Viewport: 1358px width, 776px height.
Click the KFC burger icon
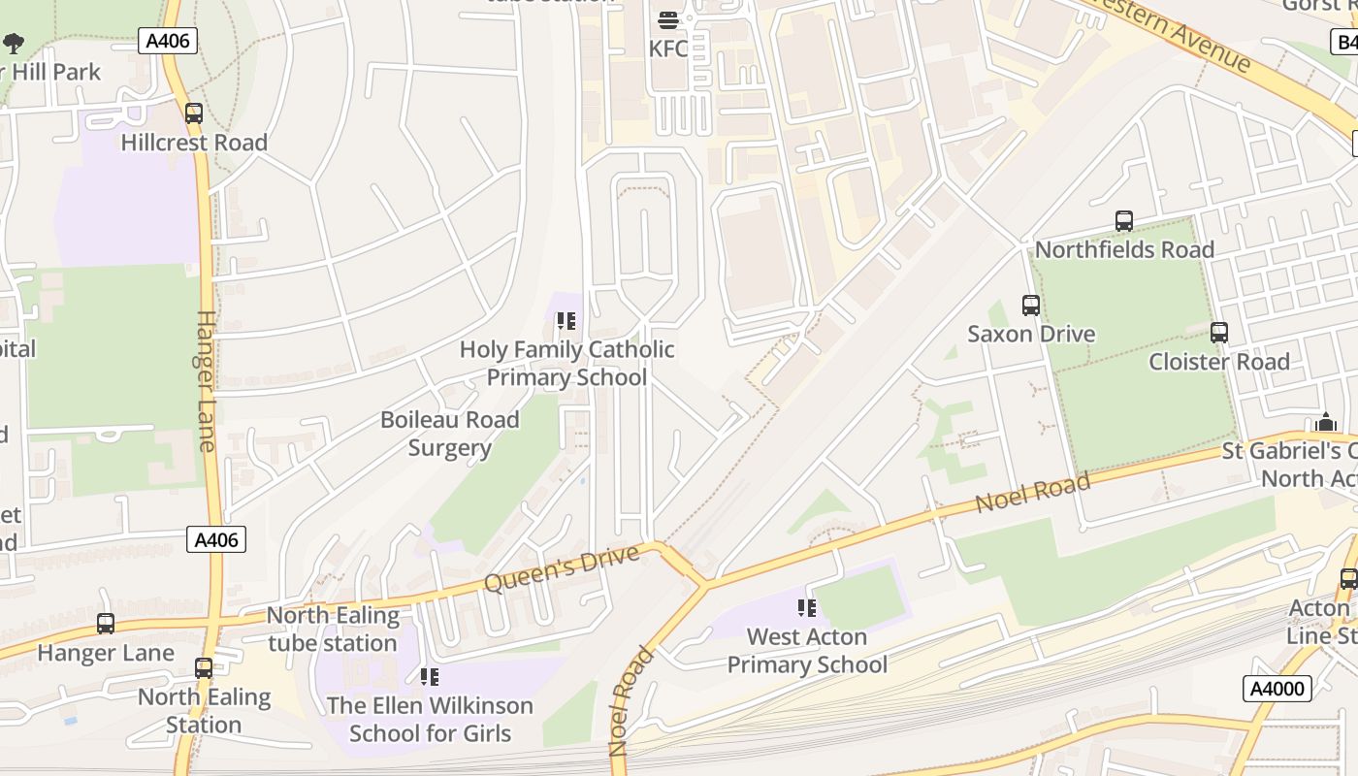point(667,20)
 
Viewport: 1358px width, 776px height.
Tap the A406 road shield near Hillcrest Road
point(168,41)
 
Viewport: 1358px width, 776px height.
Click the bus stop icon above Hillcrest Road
point(194,113)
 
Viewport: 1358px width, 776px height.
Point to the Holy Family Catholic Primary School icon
point(566,321)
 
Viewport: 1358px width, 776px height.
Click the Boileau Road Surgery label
point(449,434)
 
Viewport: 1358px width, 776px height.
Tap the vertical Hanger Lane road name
point(206,380)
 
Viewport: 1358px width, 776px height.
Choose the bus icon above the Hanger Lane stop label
point(106,624)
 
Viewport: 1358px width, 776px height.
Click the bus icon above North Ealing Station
point(203,668)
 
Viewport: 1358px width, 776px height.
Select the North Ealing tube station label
point(333,630)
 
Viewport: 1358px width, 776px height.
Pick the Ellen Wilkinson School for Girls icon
point(429,677)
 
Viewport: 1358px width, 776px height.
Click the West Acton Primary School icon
point(806,608)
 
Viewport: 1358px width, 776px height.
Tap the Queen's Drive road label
point(562,568)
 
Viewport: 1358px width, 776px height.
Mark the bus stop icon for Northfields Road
point(1124,221)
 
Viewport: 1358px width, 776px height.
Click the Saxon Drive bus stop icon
point(1031,306)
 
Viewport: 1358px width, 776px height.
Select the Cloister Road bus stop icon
point(1219,333)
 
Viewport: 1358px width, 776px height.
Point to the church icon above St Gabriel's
point(1326,423)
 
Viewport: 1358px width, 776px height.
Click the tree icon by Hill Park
point(14,44)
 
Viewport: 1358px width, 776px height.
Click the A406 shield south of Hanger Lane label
point(216,540)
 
